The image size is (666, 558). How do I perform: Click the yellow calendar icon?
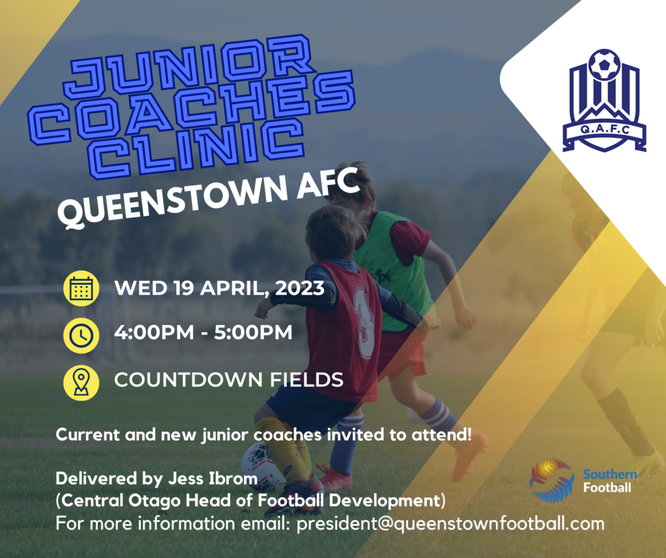pyautogui.click(x=81, y=288)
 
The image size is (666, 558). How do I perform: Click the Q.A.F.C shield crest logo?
pyautogui.click(x=604, y=101)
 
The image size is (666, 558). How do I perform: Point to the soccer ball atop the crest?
pyautogui.click(x=604, y=65)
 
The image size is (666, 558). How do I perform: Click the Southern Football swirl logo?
pyautogui.click(x=552, y=481)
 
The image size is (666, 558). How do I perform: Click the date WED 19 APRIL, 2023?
pyautogui.click(x=219, y=287)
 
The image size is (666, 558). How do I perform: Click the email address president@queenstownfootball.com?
pyautogui.click(x=451, y=523)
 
